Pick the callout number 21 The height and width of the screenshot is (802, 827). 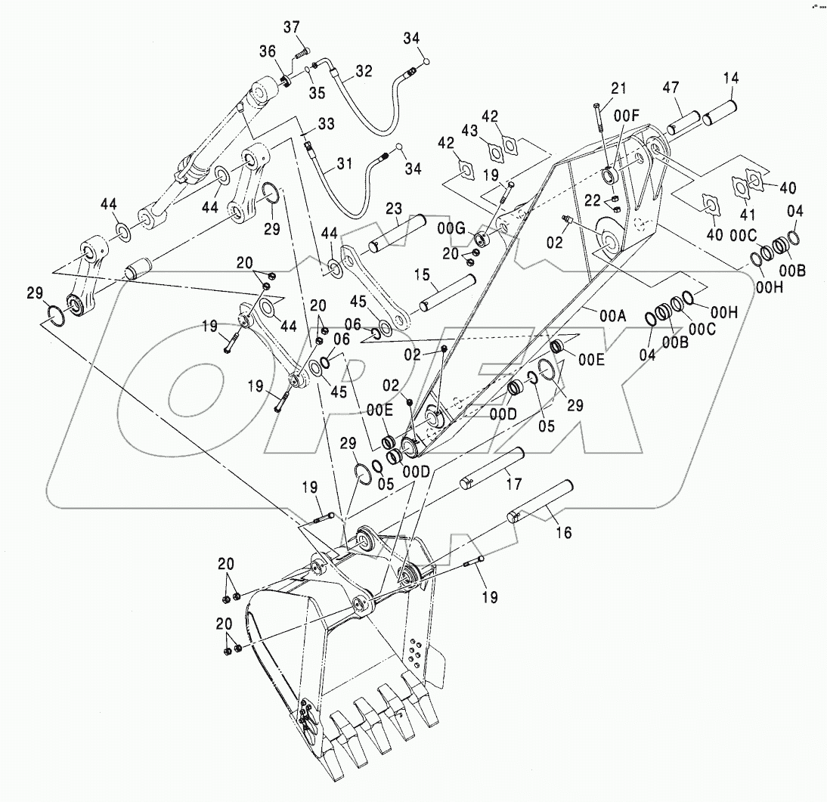click(x=618, y=89)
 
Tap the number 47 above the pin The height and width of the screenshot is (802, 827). click(x=671, y=87)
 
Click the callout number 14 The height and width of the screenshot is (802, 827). click(x=731, y=77)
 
